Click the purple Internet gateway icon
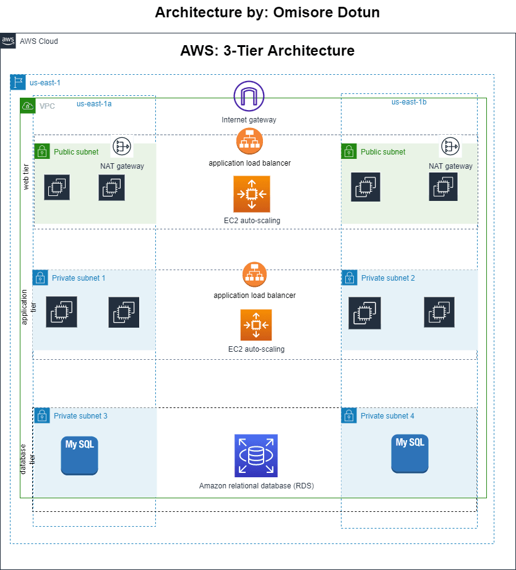click(x=249, y=96)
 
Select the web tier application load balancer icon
click(x=249, y=142)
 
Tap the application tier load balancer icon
click(x=254, y=275)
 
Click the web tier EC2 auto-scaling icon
click(x=252, y=194)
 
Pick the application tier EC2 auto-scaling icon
click(x=256, y=325)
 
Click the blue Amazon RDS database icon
click(x=256, y=455)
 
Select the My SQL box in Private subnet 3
click(x=79, y=455)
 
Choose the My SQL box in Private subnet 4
click(x=410, y=453)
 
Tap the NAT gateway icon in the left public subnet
click(x=122, y=146)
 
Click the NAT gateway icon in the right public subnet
click(x=450, y=146)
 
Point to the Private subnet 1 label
click(x=79, y=278)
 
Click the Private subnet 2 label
click(x=388, y=278)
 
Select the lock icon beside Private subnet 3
click(x=42, y=416)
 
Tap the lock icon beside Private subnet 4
click(x=349, y=416)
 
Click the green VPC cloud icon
click(x=28, y=106)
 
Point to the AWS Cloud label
click(x=39, y=41)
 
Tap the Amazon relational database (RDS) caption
click(x=256, y=486)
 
